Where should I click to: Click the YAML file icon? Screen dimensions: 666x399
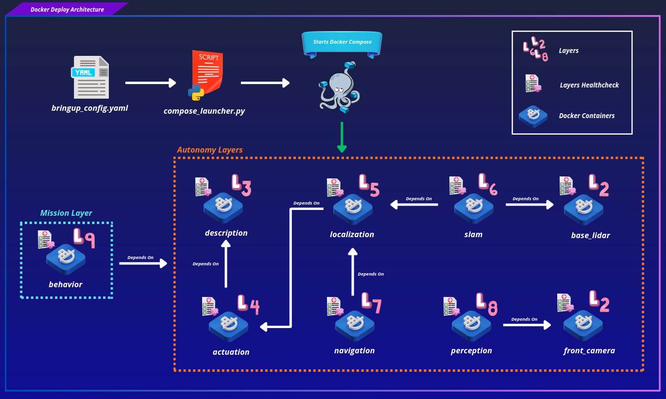(x=90, y=77)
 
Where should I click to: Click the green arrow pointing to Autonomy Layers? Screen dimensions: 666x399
(x=342, y=137)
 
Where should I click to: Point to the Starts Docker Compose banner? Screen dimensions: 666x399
(x=342, y=44)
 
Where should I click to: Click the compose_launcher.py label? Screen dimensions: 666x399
(x=204, y=111)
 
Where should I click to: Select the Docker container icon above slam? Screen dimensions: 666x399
(x=474, y=208)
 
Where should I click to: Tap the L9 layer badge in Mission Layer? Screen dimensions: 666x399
(x=84, y=238)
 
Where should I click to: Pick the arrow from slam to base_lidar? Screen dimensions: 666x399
(x=529, y=205)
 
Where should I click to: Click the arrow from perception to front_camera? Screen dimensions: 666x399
(x=527, y=325)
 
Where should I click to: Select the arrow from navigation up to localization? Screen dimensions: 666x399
(x=353, y=272)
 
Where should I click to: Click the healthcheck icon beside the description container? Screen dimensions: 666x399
(x=203, y=187)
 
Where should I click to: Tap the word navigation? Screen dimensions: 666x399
(x=355, y=350)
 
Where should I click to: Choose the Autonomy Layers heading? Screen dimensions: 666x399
(x=209, y=150)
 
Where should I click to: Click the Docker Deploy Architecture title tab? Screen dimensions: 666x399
(x=67, y=9)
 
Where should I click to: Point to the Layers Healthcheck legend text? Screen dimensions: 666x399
(x=589, y=85)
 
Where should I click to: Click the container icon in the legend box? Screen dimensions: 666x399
(x=533, y=117)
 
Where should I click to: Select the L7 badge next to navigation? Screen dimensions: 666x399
(x=371, y=303)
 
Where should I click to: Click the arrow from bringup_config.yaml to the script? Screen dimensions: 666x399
(x=151, y=83)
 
